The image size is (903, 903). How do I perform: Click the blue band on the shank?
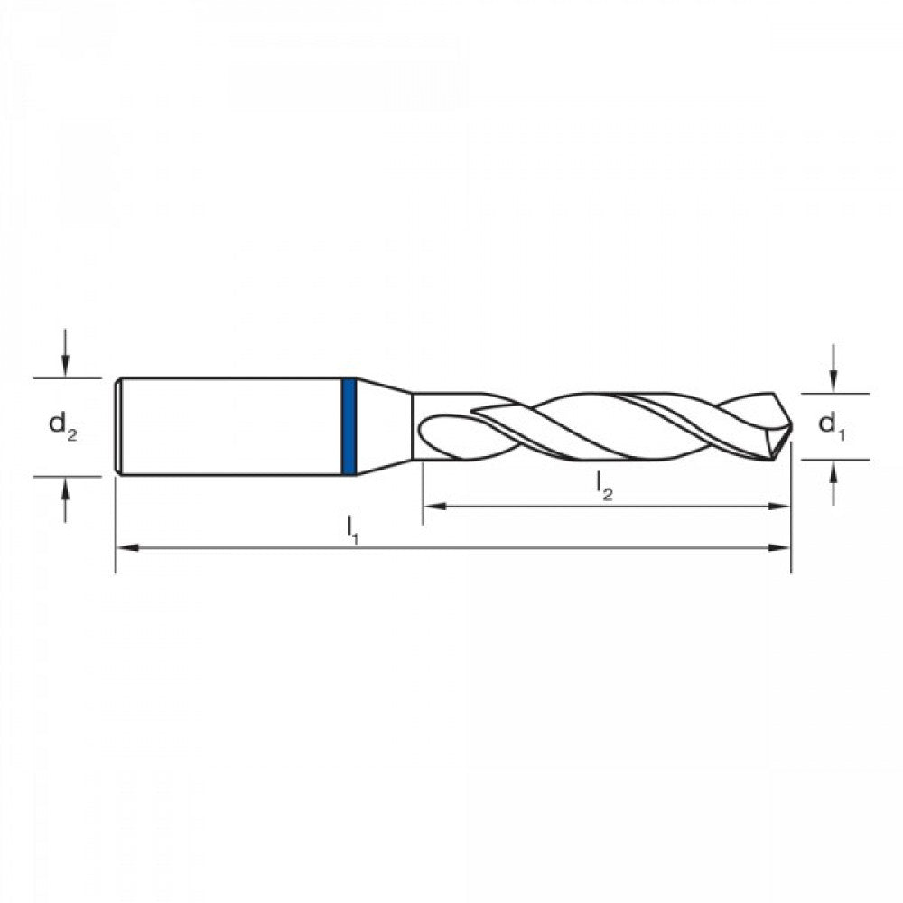click(x=349, y=426)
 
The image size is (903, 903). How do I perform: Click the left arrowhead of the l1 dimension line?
click(x=126, y=547)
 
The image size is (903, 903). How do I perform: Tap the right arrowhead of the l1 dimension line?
click(x=782, y=547)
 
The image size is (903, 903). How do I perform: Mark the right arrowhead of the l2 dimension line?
click(x=782, y=507)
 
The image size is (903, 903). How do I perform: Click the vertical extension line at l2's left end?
click(x=423, y=492)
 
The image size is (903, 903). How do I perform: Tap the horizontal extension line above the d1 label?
click(x=835, y=394)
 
